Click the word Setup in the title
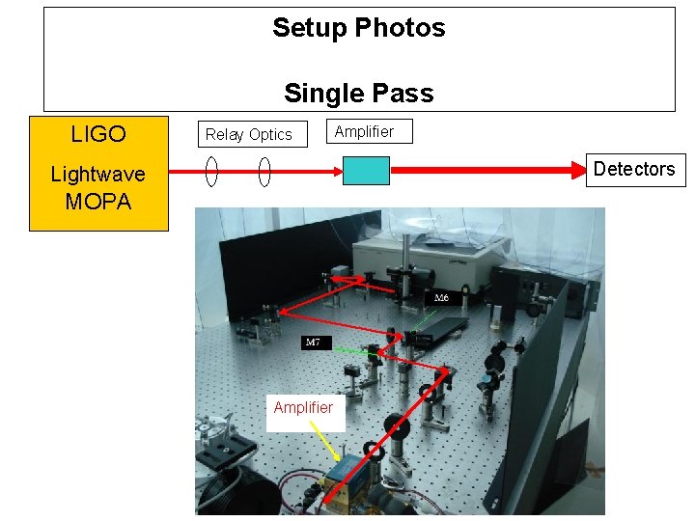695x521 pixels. (307, 28)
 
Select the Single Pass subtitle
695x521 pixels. (358, 94)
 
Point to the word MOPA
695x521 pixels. (97, 202)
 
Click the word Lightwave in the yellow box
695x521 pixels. (97, 175)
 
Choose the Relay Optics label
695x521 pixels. (248, 135)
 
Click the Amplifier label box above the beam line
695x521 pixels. (365, 131)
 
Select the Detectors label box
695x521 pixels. (634, 170)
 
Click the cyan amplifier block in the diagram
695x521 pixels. (367, 171)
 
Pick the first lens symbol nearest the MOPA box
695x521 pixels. (211, 172)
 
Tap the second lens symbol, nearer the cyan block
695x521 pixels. (264, 172)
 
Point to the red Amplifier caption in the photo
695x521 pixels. (303, 408)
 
